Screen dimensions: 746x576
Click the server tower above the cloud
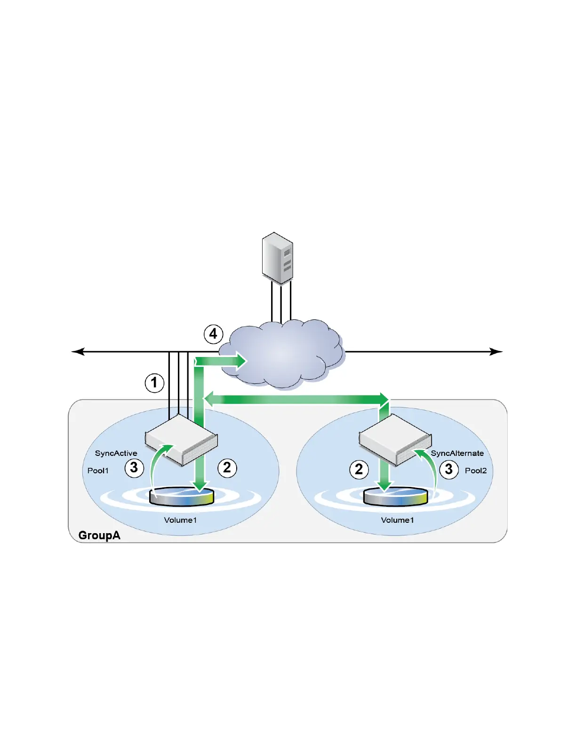(x=278, y=258)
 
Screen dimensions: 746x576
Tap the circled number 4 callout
(x=213, y=334)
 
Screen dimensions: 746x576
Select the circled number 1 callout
(x=154, y=383)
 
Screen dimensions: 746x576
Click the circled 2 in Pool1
(x=227, y=468)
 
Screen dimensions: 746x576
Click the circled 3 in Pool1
(x=134, y=468)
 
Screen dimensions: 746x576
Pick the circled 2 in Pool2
(x=359, y=469)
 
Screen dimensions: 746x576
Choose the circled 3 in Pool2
(x=449, y=469)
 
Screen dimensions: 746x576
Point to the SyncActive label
(x=116, y=453)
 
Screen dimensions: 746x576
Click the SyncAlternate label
(x=457, y=453)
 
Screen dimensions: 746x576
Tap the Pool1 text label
(x=98, y=470)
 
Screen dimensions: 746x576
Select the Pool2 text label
(x=476, y=470)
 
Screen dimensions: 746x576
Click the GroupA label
(x=99, y=535)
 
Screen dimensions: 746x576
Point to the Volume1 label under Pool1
(x=180, y=520)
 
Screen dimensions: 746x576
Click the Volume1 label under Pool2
(x=397, y=520)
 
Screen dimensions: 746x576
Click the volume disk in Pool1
(x=181, y=497)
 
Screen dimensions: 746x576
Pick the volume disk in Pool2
(x=396, y=497)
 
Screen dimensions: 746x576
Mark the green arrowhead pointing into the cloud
(x=241, y=362)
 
